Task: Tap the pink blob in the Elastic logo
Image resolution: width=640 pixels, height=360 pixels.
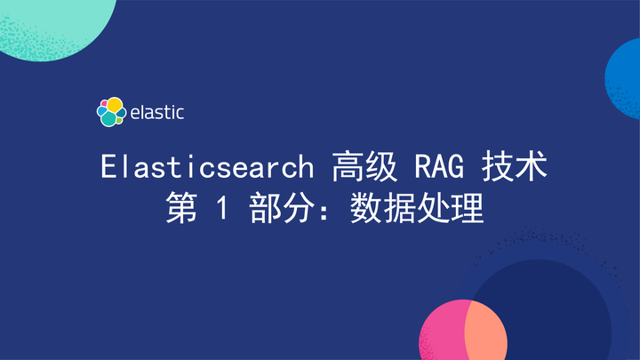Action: [102, 105]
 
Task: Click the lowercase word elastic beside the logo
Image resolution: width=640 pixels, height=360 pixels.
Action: [156, 113]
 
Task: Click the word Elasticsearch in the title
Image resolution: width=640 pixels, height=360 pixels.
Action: [207, 167]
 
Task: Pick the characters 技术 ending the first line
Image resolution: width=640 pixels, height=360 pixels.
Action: [514, 167]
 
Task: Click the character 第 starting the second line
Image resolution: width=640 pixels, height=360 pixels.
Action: [180, 210]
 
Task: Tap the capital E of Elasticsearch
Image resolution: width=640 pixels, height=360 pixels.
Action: [109, 167]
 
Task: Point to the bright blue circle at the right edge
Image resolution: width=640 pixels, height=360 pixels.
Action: [625, 75]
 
